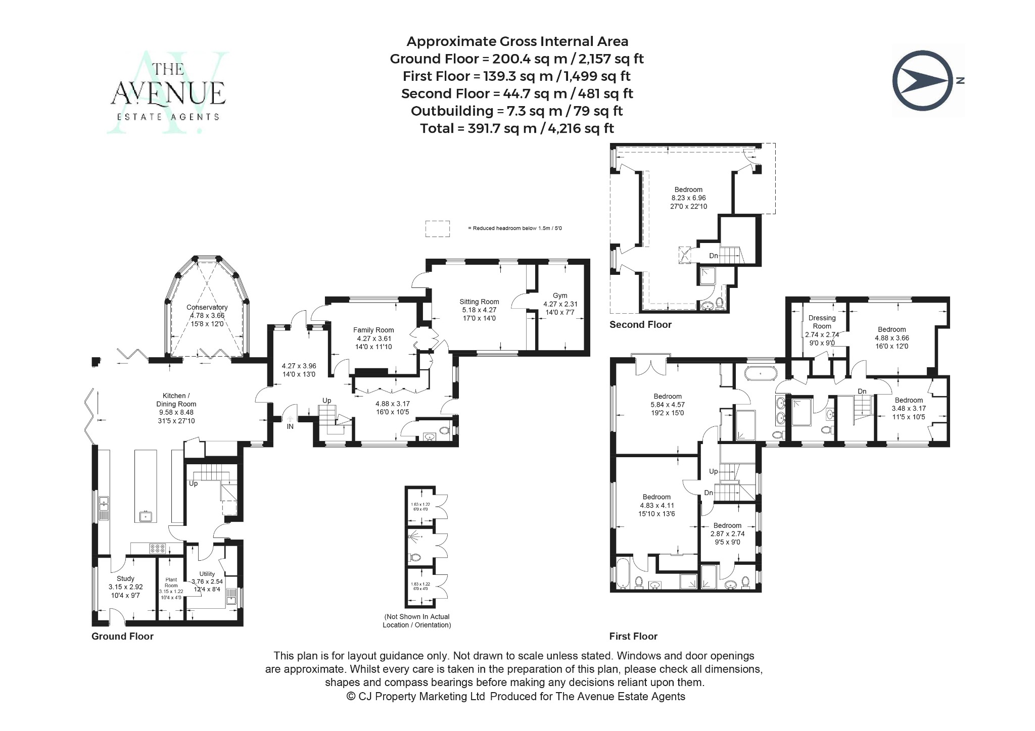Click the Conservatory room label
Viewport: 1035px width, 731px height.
[207, 307]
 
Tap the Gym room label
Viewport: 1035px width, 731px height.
[560, 296]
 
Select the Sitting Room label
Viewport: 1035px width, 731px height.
[479, 302]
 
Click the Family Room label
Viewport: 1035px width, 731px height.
[373, 330]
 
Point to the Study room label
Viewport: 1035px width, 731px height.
[125, 578]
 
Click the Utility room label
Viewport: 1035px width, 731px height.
[207, 574]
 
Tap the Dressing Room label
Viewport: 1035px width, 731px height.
[822, 322]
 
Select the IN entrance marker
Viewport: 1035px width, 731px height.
[290, 426]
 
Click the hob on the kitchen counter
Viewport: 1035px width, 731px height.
[158, 548]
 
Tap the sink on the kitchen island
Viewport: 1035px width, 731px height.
[146, 516]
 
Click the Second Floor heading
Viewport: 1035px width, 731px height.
[640, 325]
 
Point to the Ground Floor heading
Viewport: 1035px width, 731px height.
[122, 637]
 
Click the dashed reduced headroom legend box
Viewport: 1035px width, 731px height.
[437, 228]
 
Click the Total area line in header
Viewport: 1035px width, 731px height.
[516, 128]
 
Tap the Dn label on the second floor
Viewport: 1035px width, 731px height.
[713, 256]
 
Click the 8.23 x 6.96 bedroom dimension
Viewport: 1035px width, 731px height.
[688, 198]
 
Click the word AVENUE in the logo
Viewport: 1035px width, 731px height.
[168, 93]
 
